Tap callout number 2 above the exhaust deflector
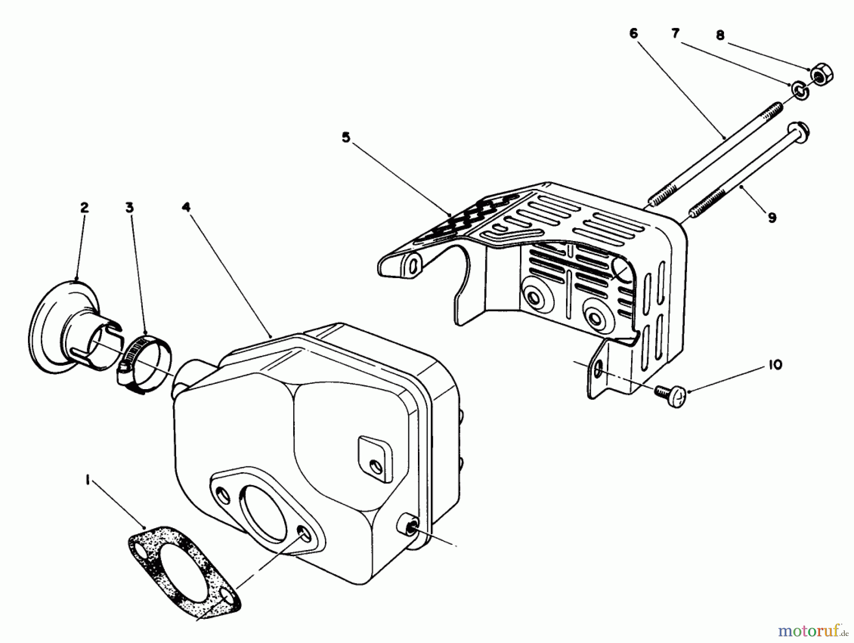84,207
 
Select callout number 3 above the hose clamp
130,207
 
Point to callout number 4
186,207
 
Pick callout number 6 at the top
634,34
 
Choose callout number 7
675,34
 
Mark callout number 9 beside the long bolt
772,218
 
